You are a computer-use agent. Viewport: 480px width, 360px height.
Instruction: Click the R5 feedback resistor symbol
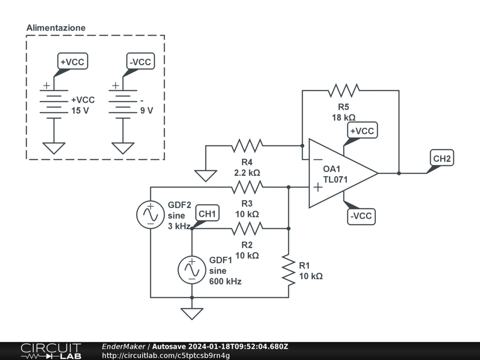[344, 90]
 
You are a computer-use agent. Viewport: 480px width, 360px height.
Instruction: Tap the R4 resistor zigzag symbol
[247, 146]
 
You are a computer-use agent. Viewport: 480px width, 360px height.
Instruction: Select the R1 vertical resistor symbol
[289, 270]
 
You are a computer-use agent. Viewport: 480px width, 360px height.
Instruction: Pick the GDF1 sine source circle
[192, 270]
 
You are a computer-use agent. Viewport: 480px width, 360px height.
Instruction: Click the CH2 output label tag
[442, 159]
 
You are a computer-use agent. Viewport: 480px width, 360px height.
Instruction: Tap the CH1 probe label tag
[207, 214]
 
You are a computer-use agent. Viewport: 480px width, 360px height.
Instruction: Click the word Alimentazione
[56, 28]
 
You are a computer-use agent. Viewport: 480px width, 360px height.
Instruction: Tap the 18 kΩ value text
[344, 118]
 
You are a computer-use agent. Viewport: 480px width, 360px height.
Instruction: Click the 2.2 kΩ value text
[247, 172]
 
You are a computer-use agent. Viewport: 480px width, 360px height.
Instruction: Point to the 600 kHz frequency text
[225, 281]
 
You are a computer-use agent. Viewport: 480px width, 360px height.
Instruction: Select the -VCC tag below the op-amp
[361, 216]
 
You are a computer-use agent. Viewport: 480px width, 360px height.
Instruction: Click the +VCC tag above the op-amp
[361, 131]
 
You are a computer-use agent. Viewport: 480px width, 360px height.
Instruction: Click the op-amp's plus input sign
[318, 187]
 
